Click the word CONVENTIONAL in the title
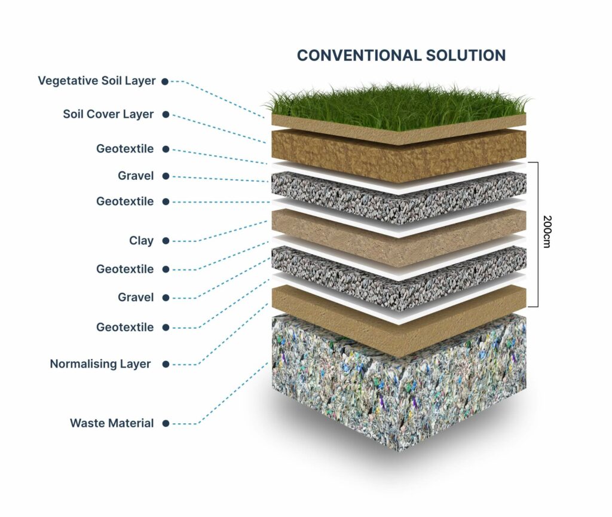(x=359, y=56)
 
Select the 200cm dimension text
(x=546, y=232)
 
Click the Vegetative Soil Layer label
(x=97, y=81)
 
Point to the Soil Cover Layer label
(x=109, y=114)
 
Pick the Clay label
(x=141, y=240)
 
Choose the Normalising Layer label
(x=100, y=364)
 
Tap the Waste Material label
(x=112, y=423)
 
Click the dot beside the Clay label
(x=166, y=241)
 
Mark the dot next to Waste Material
(x=166, y=423)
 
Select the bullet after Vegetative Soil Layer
(x=165, y=81)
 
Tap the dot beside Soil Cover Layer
(x=166, y=115)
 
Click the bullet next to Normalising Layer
(x=166, y=364)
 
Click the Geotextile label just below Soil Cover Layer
(x=125, y=149)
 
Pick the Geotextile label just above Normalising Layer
(x=125, y=327)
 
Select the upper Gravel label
(x=136, y=176)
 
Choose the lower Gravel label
(x=136, y=297)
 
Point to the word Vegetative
(x=68, y=81)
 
